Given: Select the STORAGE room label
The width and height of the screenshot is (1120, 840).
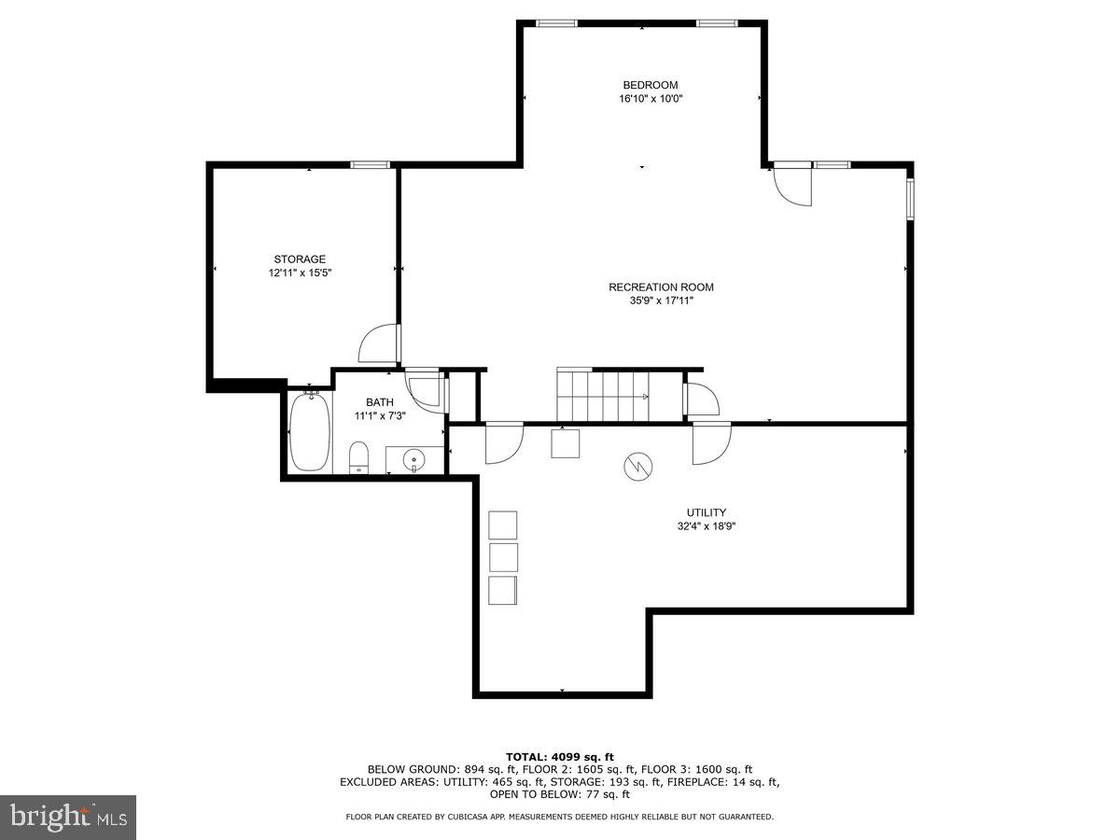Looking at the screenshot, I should pos(300,259).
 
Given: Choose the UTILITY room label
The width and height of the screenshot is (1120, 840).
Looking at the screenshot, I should pos(706,512).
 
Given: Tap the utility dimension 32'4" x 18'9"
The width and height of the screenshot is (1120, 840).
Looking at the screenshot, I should pos(706,526).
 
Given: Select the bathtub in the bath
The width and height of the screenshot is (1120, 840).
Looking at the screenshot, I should pos(309,431).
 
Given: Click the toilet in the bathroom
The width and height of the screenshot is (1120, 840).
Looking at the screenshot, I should pos(359,457).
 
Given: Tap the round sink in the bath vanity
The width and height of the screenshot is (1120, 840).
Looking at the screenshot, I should pos(413,459).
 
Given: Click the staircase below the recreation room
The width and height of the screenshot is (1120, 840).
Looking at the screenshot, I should pos(602,396).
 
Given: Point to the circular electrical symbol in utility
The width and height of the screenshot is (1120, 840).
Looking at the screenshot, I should pos(638,466).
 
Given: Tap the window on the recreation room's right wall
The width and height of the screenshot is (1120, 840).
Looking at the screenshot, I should pos(910,198).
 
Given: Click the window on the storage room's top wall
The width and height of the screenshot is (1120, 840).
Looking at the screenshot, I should pos(370,165).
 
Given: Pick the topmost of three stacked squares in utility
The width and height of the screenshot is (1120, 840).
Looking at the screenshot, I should pos(502,525).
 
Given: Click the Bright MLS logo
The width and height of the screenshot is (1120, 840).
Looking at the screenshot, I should pos(68,818).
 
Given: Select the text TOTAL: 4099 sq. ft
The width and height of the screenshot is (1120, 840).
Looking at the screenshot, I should pos(560,756).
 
